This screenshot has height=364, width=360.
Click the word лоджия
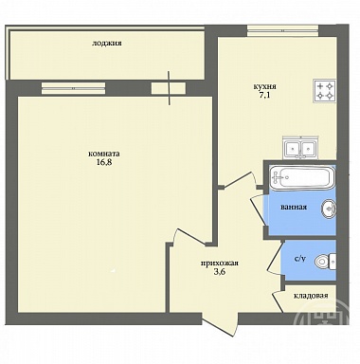point(107,44)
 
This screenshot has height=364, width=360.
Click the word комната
point(104,154)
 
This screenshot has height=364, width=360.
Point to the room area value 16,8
point(104,162)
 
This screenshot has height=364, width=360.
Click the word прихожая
point(220,264)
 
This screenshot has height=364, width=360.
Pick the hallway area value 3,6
point(220,272)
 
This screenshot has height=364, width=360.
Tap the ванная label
point(294,208)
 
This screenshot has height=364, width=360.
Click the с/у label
point(300,260)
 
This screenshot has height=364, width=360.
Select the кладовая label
point(311,296)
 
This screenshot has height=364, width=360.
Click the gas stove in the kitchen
point(324,91)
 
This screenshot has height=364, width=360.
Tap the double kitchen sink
point(300,148)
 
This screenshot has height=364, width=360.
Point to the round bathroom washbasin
point(330,209)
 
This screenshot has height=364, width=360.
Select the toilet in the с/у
point(326,261)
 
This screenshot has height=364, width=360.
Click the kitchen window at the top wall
point(282,31)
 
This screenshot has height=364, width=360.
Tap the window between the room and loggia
point(73,88)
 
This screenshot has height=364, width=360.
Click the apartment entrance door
point(220,322)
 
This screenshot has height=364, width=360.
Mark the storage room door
point(277,300)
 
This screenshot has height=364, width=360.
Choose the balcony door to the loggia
point(169,88)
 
